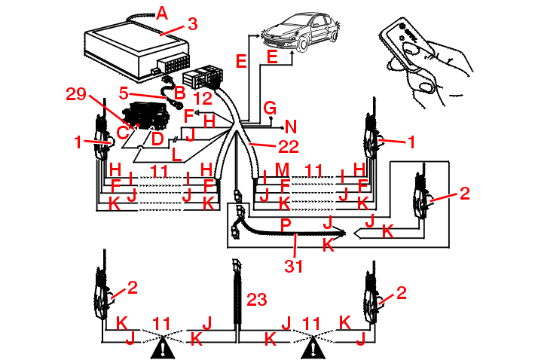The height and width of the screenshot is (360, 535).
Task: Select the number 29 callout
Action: (x=75, y=93)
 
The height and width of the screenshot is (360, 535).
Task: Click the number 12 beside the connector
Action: (x=201, y=98)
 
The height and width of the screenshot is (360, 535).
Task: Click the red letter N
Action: (x=291, y=127)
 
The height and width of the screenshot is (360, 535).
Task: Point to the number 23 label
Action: (x=257, y=301)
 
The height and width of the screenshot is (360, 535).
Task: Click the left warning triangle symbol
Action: (x=163, y=347)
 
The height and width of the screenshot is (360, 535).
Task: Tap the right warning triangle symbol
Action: (x=315, y=347)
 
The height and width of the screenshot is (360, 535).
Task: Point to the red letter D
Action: (x=157, y=139)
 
